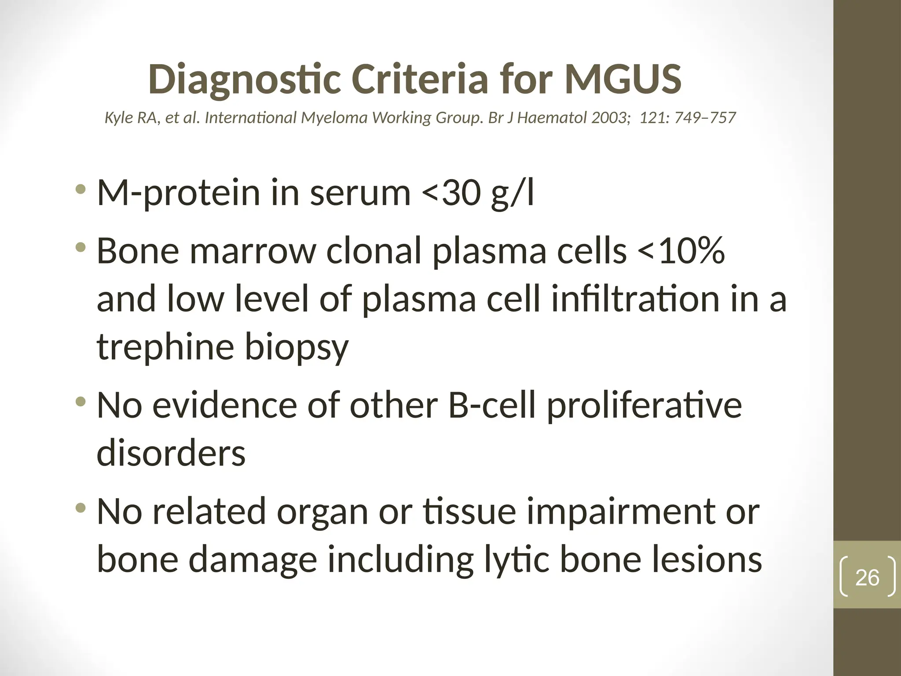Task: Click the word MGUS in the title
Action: [623, 79]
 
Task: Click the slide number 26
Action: [867, 577]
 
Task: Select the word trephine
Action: [165, 347]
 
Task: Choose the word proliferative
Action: [644, 406]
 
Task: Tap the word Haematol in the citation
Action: [552, 118]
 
